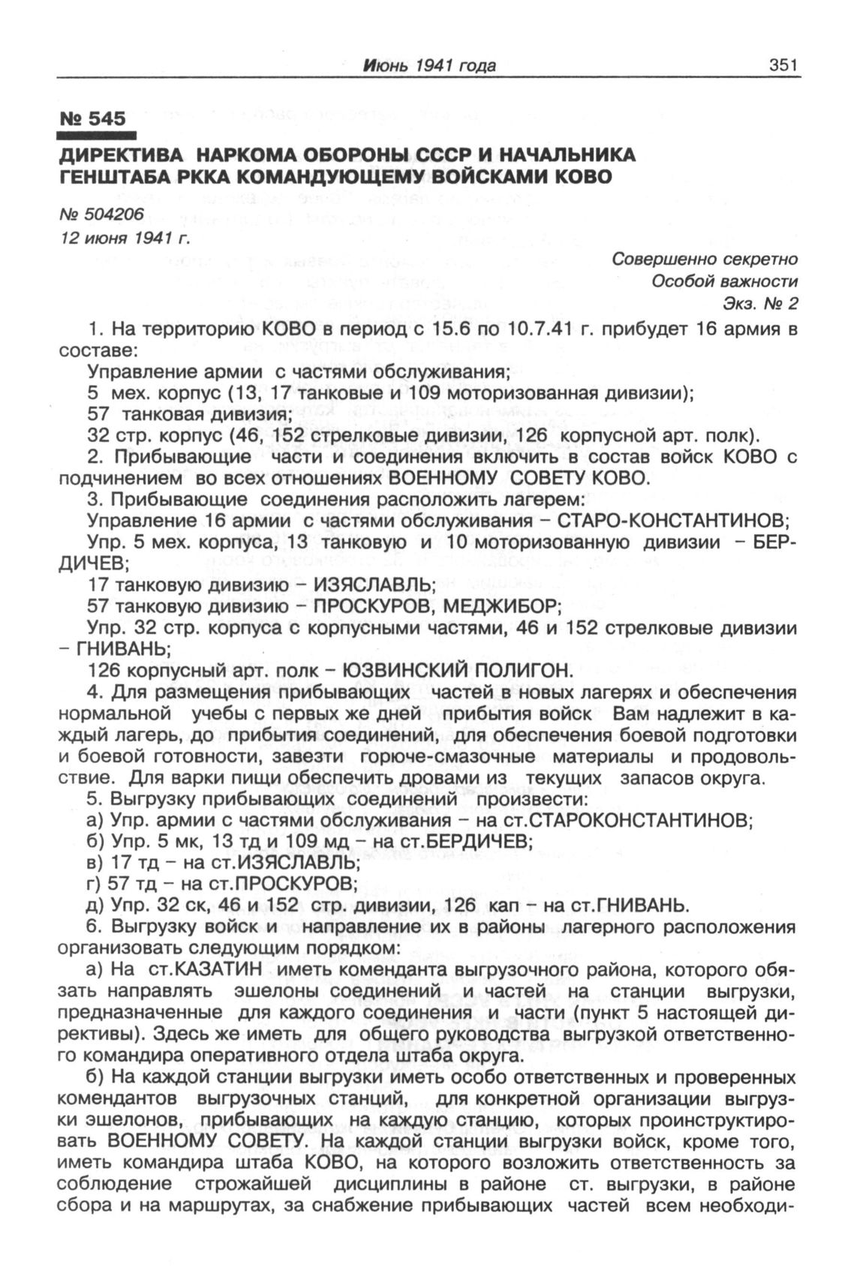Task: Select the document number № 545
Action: tap(92, 119)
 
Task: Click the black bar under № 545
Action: tap(96, 137)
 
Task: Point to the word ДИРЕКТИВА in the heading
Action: tap(121, 155)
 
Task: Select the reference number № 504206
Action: tap(102, 215)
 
